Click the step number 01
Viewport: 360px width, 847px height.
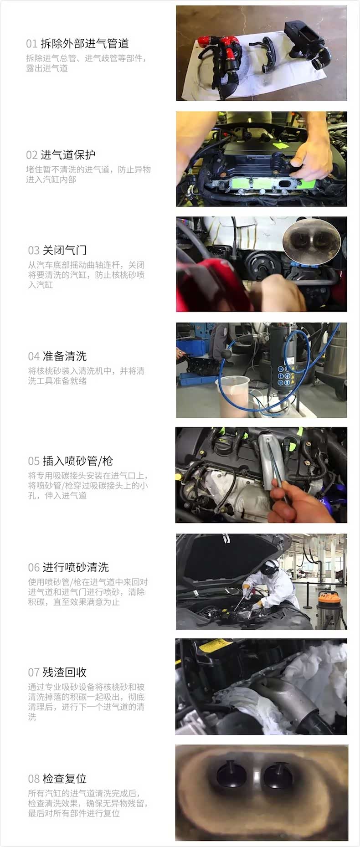tap(31, 44)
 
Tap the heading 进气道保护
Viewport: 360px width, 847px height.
tap(68, 155)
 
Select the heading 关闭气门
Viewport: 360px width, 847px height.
tap(64, 250)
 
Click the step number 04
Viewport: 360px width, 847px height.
tap(34, 356)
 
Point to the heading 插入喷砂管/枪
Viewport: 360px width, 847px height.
tap(77, 461)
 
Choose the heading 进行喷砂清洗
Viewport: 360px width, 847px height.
tap(76, 567)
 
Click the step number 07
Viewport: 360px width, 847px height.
tap(34, 672)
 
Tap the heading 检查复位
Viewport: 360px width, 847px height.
tap(64, 778)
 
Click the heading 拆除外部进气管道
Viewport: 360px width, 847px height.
tap(85, 44)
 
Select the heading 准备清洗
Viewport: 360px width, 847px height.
tap(64, 356)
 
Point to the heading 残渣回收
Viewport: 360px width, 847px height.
tap(64, 672)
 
